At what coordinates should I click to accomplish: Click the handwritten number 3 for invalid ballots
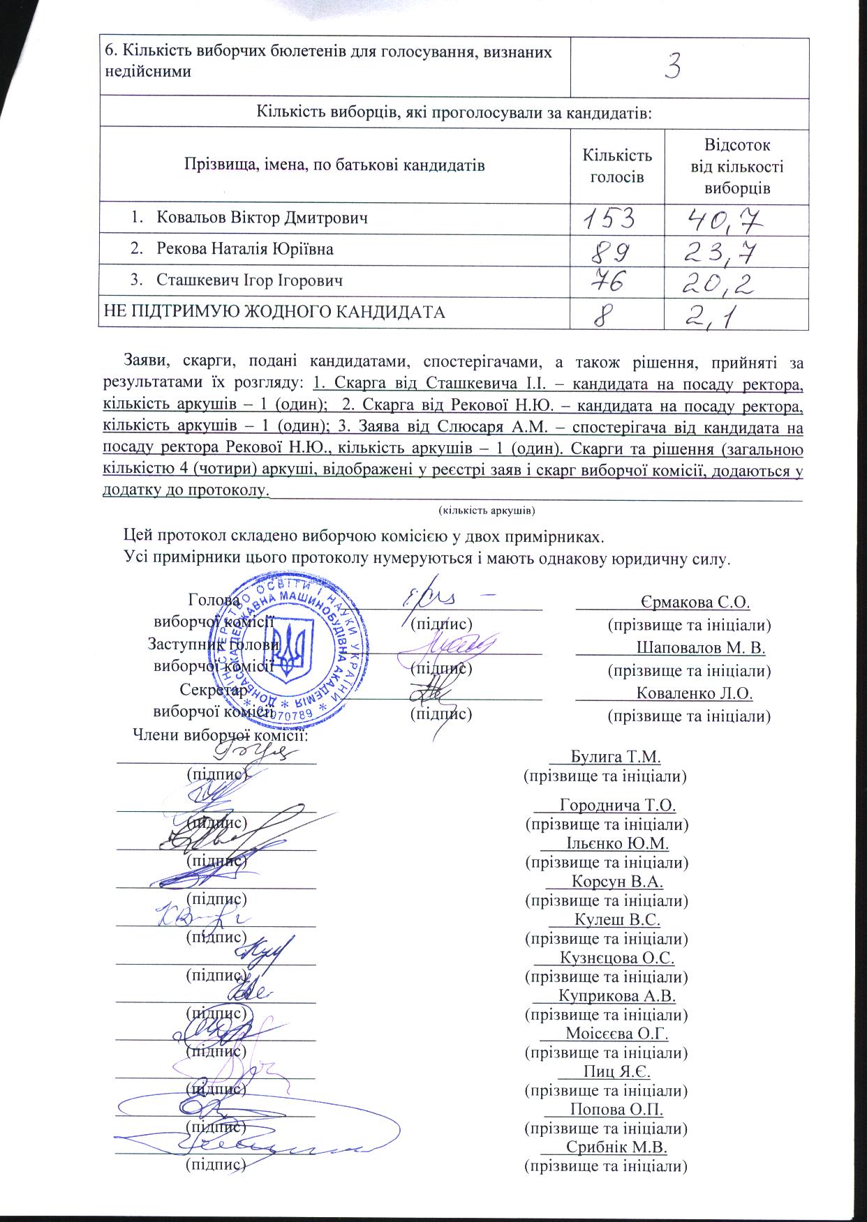673,66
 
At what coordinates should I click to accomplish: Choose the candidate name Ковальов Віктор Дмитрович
262,218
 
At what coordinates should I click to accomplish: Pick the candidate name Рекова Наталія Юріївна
244,249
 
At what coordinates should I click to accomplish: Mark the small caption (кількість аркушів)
486,511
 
